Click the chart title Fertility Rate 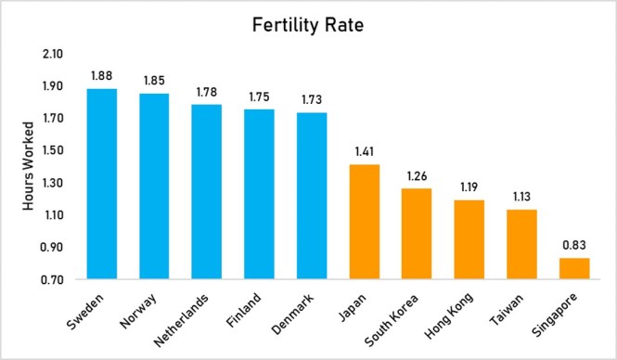tap(308, 27)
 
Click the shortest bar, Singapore tap(573, 268)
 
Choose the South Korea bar tap(417, 234)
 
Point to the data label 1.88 tap(101, 77)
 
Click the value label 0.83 tap(573, 246)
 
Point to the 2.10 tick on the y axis tap(52, 55)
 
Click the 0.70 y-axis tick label tap(52, 280)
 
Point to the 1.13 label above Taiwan tap(521, 198)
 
